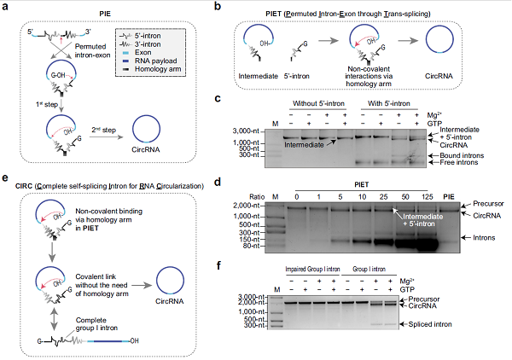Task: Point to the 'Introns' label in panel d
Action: tap(483, 230)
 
